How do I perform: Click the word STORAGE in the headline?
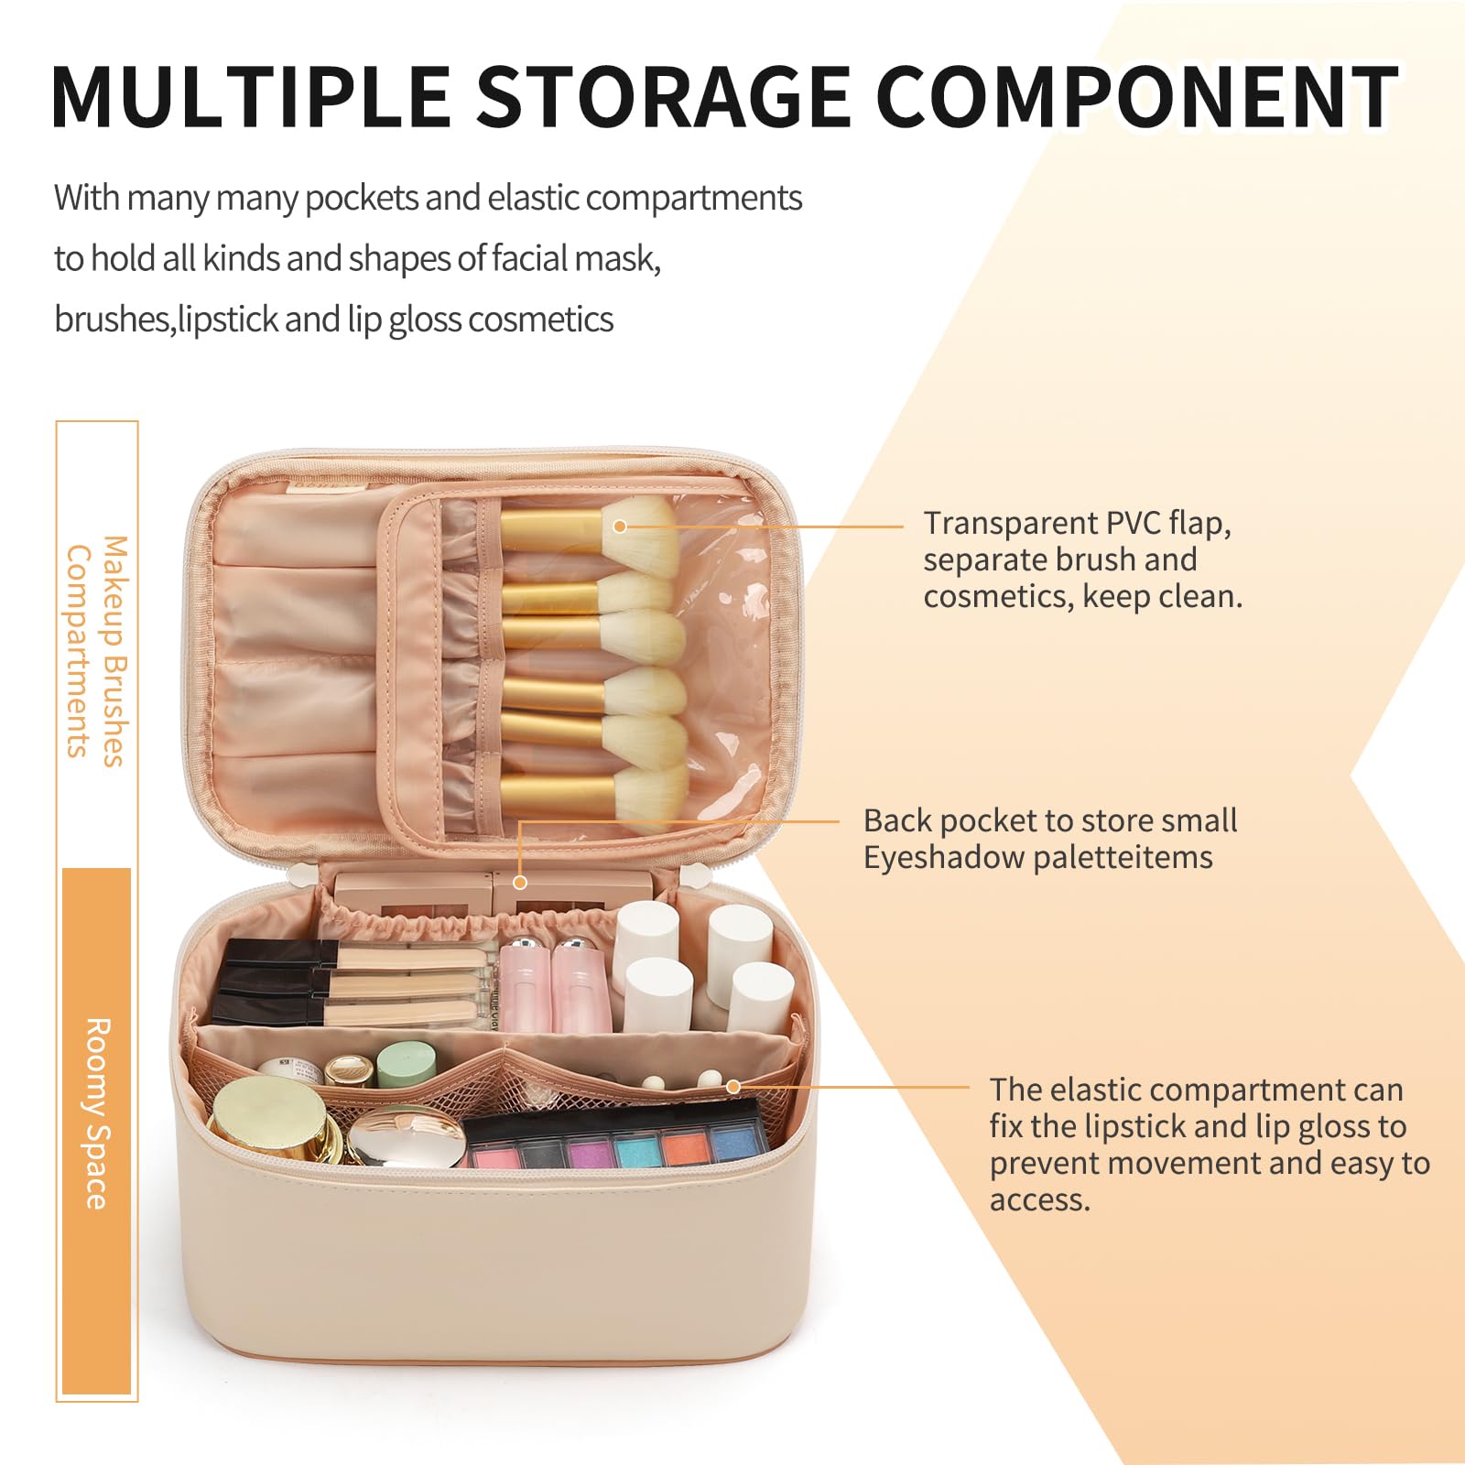click(664, 96)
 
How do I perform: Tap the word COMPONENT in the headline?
click(1136, 96)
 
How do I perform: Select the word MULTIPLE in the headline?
click(250, 96)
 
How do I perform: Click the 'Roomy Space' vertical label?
click(97, 1112)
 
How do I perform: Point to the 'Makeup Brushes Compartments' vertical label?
click(97, 650)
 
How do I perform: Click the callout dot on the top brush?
click(620, 526)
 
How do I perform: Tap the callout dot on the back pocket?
click(520, 883)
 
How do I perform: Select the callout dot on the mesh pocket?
click(733, 1087)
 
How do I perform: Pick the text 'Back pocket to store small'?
click(1049, 820)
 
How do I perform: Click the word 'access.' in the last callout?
click(1039, 1199)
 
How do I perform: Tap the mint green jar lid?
click(407, 1065)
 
